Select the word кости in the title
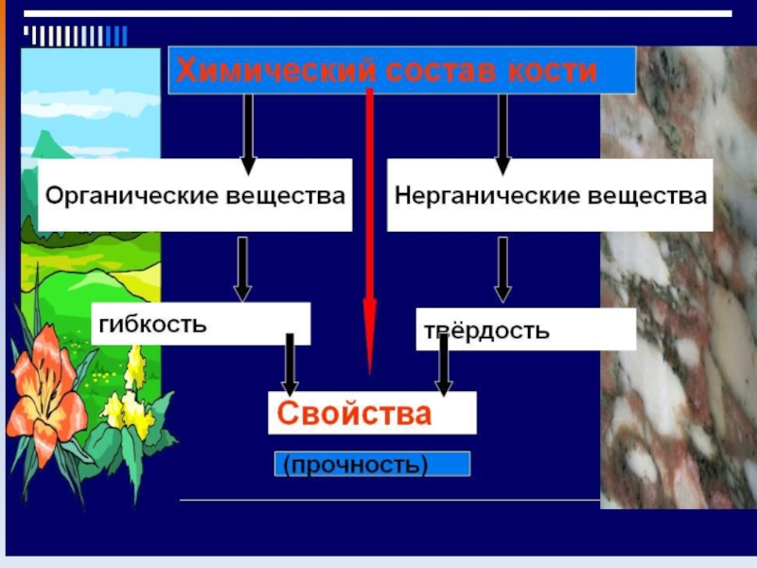(x=553, y=70)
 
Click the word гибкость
(x=151, y=323)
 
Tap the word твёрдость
(x=486, y=330)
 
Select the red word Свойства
(x=354, y=414)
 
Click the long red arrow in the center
(x=370, y=237)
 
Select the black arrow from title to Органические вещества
(x=248, y=133)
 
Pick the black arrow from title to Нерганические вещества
(x=502, y=133)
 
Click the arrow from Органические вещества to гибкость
(x=242, y=268)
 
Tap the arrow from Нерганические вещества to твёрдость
(x=502, y=268)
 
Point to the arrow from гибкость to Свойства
(x=290, y=364)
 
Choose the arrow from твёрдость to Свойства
(x=443, y=364)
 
